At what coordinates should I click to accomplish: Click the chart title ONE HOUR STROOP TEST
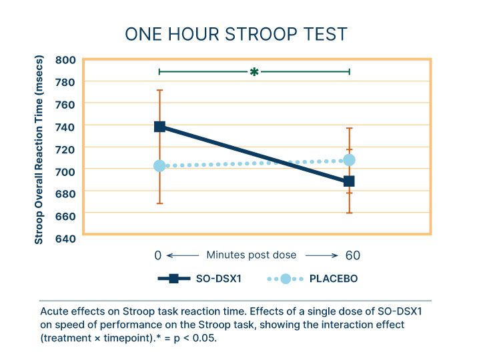point(237,34)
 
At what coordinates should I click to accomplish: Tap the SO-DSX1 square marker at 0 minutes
point(159,127)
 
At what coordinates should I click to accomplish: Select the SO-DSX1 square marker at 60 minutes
point(349,181)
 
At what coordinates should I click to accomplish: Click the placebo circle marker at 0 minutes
point(159,166)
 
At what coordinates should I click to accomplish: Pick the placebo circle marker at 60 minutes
point(349,160)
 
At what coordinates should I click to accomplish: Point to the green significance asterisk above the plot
point(254,71)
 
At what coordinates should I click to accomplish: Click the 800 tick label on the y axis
point(65,60)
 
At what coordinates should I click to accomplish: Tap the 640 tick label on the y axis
point(65,237)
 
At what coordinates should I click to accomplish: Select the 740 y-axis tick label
point(65,126)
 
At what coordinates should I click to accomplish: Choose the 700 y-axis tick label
point(65,171)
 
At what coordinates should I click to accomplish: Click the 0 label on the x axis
point(157,255)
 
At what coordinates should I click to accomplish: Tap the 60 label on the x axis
point(353,255)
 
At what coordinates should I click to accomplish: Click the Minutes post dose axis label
point(251,255)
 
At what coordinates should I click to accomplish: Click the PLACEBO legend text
point(334,279)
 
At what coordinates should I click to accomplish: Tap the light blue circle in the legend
point(285,279)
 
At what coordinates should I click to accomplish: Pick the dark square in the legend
point(173,279)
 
